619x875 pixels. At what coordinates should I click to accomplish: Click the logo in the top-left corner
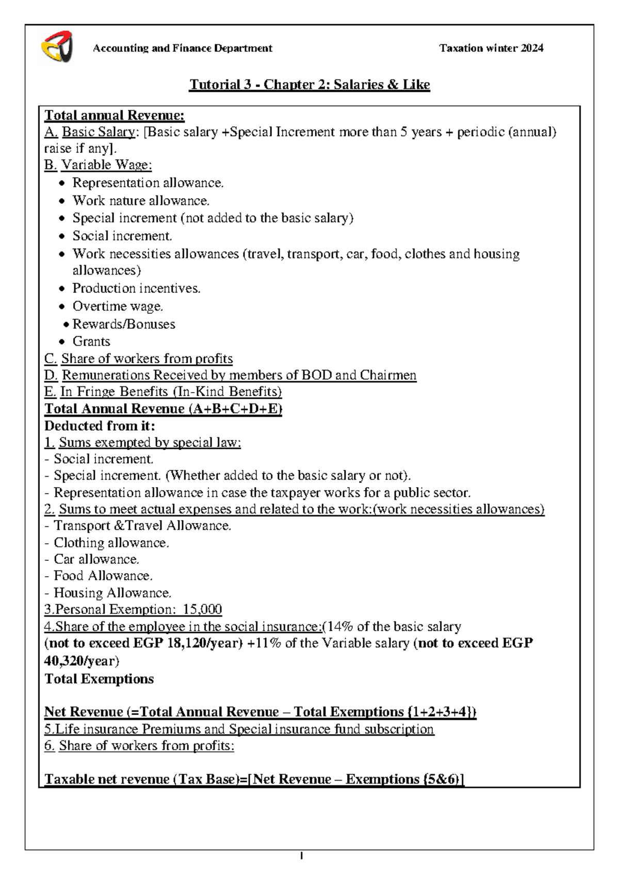pos(56,47)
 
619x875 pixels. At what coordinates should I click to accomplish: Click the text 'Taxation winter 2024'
pos(491,48)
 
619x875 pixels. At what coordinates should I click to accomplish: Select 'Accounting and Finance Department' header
pos(182,48)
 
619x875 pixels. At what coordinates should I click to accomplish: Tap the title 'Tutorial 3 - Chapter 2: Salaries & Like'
pos(309,85)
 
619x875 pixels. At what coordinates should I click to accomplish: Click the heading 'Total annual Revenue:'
pos(114,116)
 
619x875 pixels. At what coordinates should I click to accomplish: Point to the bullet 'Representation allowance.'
pos(148,183)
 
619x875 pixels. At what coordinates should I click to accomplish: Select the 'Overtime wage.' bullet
pos(118,306)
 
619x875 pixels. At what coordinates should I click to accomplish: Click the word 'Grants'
pos(91,342)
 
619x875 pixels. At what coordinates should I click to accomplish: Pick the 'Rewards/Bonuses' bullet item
pos(123,324)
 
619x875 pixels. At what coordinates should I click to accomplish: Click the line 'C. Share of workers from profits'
pos(138,359)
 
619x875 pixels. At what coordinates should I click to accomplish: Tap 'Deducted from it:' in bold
pos(100,426)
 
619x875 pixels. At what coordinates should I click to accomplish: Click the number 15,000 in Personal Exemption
pos(202,610)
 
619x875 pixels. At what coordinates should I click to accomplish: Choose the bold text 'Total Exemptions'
pos(99,679)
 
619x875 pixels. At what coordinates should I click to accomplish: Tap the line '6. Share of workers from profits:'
pos(139,746)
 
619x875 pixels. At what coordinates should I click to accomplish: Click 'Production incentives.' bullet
pos(136,288)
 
